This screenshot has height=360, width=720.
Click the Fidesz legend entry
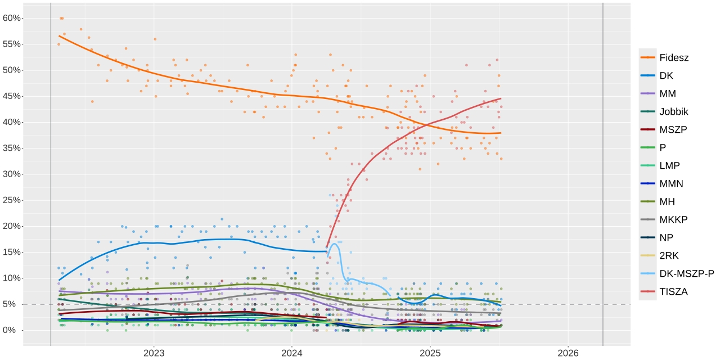[673, 57]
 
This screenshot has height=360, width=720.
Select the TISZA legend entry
[674, 291]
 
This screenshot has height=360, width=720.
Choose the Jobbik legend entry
[673, 111]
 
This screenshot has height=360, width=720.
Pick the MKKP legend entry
[673, 219]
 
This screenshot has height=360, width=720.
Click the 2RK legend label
[669, 255]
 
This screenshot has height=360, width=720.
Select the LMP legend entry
[669, 165]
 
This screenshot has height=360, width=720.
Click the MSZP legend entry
[673, 129]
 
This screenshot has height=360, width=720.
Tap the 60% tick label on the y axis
[11, 18]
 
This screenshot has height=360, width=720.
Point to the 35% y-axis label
[11, 148]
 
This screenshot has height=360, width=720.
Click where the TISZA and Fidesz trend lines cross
[429, 124]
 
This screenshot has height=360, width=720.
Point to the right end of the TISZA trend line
[501, 98]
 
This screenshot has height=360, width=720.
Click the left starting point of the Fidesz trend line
[59, 36]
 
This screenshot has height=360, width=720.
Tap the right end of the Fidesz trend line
[501, 133]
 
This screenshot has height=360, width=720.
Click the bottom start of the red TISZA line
[327, 246]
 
